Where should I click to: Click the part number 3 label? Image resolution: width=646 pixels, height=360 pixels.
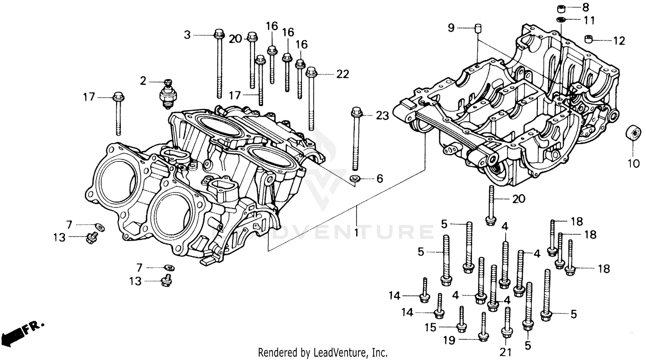click(187, 35)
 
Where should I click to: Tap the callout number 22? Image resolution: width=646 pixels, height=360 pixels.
click(342, 74)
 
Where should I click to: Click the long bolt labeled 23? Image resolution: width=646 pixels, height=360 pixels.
click(357, 138)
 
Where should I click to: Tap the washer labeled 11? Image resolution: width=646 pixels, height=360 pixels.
click(561, 20)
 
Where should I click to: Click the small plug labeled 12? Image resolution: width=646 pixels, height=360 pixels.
click(589, 40)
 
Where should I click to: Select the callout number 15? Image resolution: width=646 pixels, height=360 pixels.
click(431, 328)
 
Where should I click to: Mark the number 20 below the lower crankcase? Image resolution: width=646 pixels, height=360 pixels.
click(519, 199)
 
